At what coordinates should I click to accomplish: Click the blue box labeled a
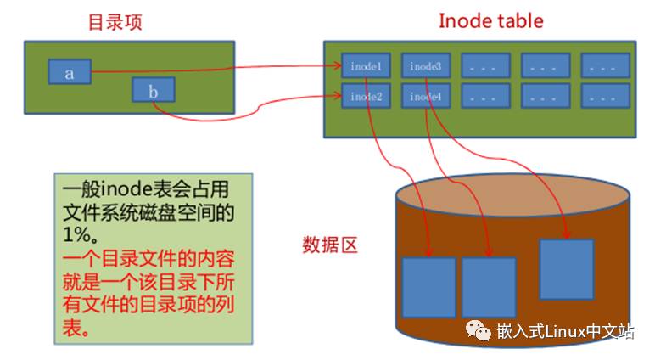69,72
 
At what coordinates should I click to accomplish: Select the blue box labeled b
154,90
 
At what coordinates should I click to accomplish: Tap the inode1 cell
366,65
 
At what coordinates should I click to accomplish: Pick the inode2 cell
366,96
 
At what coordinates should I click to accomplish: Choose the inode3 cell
424,65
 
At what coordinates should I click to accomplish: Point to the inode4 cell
424,96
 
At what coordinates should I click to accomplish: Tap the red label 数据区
330,246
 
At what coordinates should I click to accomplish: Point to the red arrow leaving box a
212,69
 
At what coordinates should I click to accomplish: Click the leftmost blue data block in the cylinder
428,288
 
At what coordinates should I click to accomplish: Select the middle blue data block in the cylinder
489,288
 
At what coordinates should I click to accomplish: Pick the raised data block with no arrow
566,269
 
